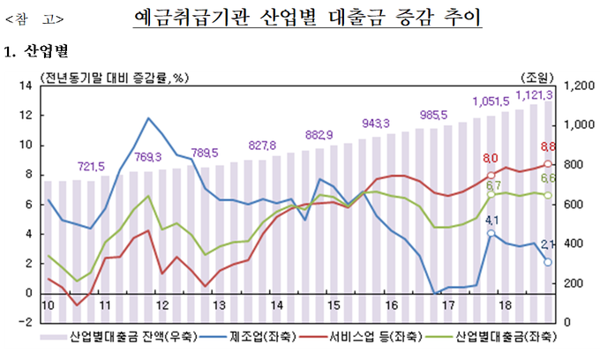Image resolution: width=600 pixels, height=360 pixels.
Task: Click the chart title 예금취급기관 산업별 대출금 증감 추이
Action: click(x=310, y=17)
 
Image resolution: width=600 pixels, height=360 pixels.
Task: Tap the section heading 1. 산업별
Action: click(x=36, y=52)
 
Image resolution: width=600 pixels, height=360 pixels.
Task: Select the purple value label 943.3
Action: click(x=376, y=123)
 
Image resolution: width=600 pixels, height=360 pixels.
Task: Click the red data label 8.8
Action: click(x=547, y=146)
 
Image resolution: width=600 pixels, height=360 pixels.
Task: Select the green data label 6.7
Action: click(x=493, y=185)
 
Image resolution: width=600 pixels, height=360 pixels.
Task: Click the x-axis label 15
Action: click(x=334, y=304)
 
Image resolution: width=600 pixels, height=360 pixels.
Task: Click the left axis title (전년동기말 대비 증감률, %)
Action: click(x=113, y=75)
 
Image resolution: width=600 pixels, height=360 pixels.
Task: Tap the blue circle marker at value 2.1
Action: click(x=548, y=262)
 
